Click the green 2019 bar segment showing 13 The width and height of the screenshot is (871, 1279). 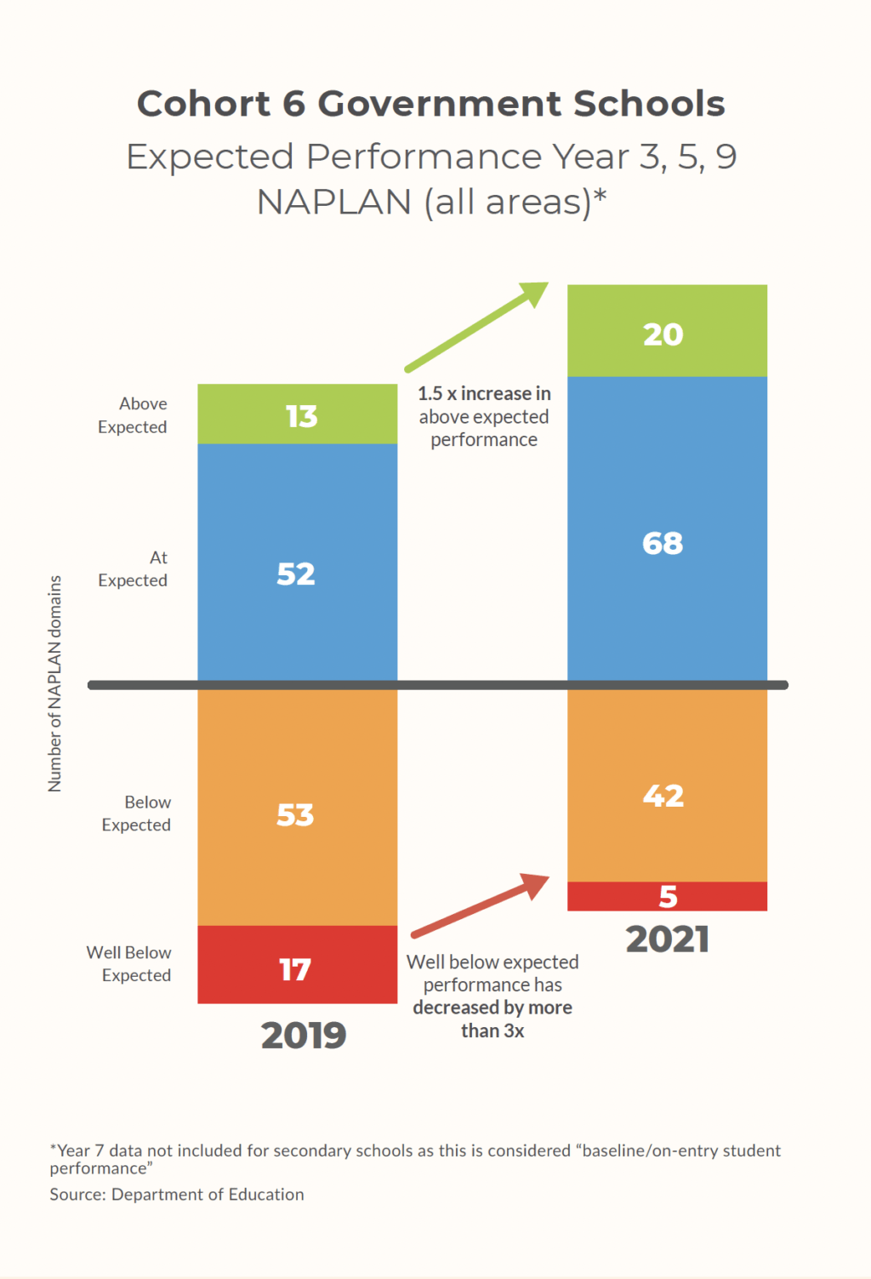297,414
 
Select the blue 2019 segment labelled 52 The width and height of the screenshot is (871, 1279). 297,562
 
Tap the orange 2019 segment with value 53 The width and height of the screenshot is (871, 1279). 297,807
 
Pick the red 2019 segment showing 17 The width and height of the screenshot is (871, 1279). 297,964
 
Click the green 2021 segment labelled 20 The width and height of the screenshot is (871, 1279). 667,331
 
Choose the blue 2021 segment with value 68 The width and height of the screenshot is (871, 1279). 667,528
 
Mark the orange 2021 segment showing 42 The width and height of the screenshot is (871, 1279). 667,785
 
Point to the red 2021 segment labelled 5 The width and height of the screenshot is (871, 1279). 667,896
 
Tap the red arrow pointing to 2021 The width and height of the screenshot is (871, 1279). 481,905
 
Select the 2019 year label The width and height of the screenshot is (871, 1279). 304,1036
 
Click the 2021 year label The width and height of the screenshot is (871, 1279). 668,939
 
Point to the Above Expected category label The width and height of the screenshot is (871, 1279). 133,415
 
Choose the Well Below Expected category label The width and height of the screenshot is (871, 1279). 129,964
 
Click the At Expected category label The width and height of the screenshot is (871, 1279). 134,569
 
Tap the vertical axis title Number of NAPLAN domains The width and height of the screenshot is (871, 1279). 55,683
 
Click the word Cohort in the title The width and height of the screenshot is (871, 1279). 204,104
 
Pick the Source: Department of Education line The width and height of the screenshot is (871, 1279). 177,1195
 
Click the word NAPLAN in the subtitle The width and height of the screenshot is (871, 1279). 334,203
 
